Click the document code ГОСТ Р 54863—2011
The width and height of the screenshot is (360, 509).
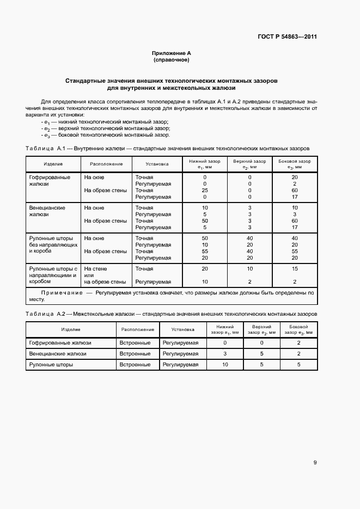[287, 37]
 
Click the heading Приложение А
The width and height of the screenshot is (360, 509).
[171, 53]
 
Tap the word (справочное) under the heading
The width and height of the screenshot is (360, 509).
[171, 60]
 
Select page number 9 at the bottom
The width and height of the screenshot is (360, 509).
[315, 463]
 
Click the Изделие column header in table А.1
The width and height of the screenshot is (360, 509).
[53, 164]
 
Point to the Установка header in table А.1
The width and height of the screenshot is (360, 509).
[157, 164]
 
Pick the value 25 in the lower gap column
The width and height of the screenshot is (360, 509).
[204, 191]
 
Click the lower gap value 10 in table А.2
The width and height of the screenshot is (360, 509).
[225, 365]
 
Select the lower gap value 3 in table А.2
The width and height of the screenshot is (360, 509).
[225, 354]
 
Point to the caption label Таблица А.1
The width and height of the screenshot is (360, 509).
[46, 148]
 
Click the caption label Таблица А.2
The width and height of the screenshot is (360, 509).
[46, 314]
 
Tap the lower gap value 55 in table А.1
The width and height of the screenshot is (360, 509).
[204, 252]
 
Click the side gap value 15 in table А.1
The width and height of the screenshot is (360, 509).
[295, 269]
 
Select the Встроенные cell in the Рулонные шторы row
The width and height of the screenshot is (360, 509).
[135, 365]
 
